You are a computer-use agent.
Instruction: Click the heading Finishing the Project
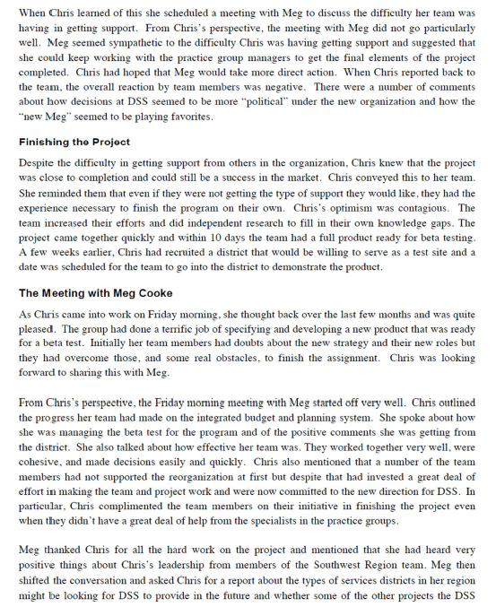[74, 142]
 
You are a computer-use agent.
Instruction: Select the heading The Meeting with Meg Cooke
[96, 292]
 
